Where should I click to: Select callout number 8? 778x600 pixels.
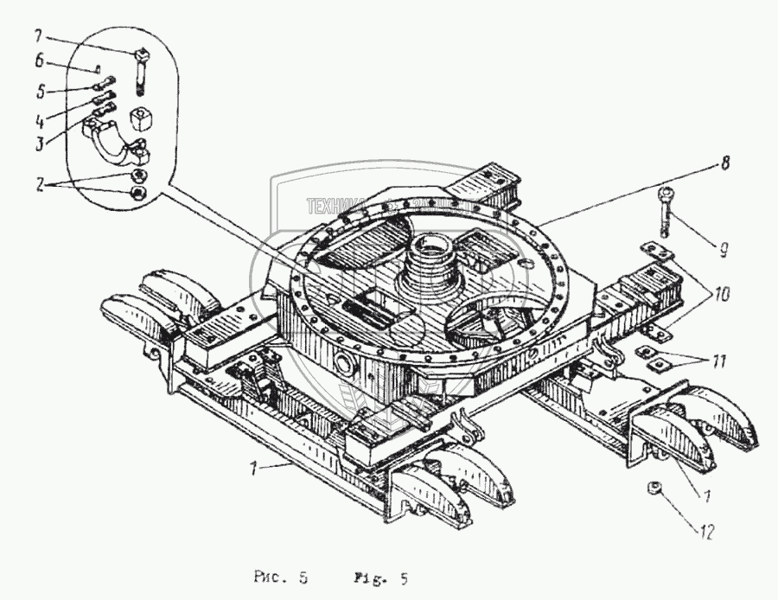(x=724, y=162)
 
